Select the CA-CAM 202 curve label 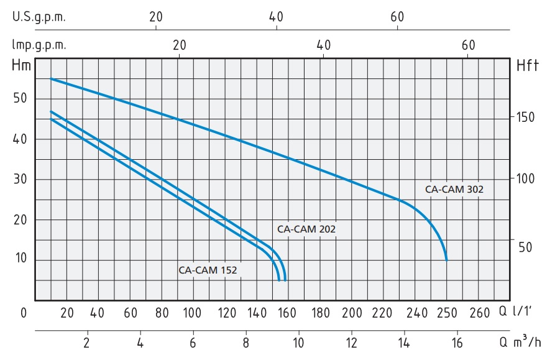click(x=306, y=229)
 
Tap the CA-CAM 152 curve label click(x=208, y=270)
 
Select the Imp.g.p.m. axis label click(x=39, y=45)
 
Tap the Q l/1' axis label click(x=524, y=312)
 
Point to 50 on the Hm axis click(x=21, y=98)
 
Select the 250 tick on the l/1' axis click(x=446, y=313)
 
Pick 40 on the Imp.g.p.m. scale click(x=323, y=45)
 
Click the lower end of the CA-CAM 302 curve click(x=446, y=260)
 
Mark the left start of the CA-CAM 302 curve click(x=51, y=79)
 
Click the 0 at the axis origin click(x=24, y=313)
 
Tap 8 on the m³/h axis click(x=246, y=342)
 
